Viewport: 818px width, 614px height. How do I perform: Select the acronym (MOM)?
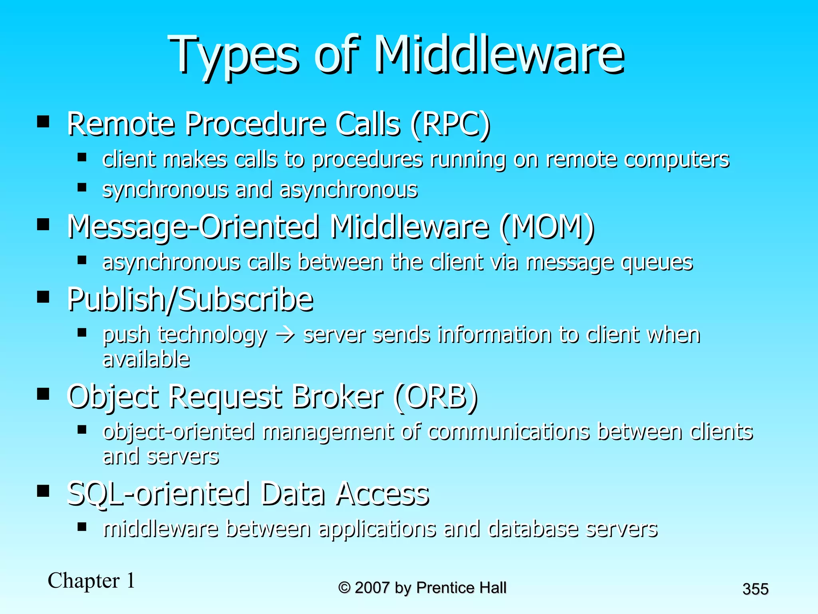547,227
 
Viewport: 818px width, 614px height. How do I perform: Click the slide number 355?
755,589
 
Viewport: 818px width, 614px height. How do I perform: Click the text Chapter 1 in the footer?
91,580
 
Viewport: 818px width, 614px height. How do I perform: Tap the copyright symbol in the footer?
344,588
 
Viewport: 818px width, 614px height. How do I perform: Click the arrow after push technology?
285,335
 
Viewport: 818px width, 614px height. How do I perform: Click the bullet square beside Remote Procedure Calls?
43,122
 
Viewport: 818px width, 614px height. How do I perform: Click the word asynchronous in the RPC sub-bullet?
348,189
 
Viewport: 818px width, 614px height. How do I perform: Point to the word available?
146,359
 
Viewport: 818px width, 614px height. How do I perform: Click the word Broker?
337,397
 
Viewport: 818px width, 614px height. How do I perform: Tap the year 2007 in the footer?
372,588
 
